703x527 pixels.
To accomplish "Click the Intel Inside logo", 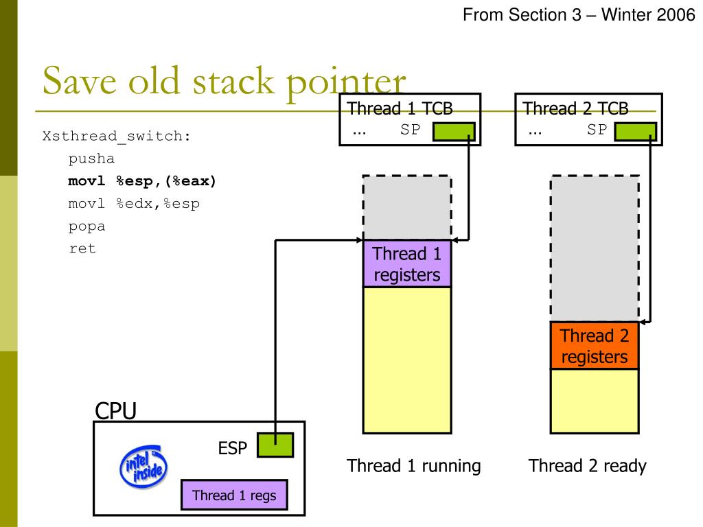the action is (143, 467).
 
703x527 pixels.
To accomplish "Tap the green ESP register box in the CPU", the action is (275, 445).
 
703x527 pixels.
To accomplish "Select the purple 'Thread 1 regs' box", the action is (235, 495).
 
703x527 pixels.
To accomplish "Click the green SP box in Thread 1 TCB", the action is (454, 132).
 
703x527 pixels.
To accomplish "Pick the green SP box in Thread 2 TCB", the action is (635, 132).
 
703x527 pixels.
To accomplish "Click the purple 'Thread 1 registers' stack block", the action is (407, 263).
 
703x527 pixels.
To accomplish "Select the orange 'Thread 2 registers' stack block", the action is (595, 346).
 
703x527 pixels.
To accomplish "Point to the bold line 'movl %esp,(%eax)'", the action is (142, 181).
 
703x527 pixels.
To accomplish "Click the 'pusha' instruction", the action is (91, 159).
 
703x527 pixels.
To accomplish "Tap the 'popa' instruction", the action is (87, 226).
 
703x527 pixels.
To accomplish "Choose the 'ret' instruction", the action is (82, 248).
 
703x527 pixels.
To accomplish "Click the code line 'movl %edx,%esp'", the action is (134, 204).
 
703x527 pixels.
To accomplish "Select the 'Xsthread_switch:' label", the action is (117, 137).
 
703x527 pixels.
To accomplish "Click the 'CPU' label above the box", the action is (115, 410).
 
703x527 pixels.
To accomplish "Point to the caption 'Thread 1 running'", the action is (413, 466).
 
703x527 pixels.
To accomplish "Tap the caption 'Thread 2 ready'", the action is (588, 466).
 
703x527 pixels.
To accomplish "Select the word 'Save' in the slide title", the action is (80, 81).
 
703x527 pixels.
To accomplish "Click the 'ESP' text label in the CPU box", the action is (232, 448).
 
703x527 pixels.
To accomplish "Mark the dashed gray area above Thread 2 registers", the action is (595, 248).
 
